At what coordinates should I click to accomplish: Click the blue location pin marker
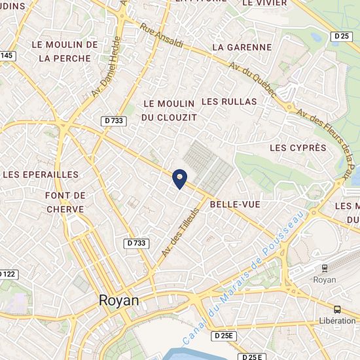(x=180, y=177)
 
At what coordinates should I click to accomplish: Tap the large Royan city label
(x=118, y=300)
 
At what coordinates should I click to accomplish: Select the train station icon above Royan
(x=325, y=267)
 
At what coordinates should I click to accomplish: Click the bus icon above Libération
(x=337, y=309)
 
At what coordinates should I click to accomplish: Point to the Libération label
(x=337, y=321)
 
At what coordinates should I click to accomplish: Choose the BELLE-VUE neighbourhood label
(x=235, y=205)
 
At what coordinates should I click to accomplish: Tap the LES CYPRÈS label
(x=298, y=148)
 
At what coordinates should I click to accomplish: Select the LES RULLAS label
(x=229, y=101)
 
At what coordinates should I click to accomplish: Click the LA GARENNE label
(x=242, y=47)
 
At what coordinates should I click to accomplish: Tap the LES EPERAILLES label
(x=41, y=175)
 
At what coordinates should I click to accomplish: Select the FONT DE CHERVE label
(x=65, y=202)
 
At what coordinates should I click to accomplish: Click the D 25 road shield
(x=342, y=37)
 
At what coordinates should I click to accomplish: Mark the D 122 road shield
(x=7, y=274)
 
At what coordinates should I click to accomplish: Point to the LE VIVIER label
(x=265, y=3)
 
